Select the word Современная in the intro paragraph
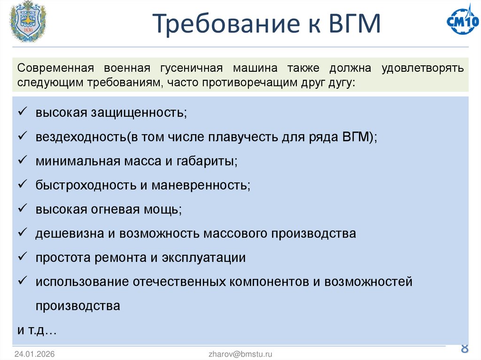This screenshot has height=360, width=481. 54,68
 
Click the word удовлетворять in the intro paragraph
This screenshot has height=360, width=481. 423,68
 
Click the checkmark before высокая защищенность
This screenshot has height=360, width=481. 22,112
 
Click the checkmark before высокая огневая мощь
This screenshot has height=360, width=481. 22,209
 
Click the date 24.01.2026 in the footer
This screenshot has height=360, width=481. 34,354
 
